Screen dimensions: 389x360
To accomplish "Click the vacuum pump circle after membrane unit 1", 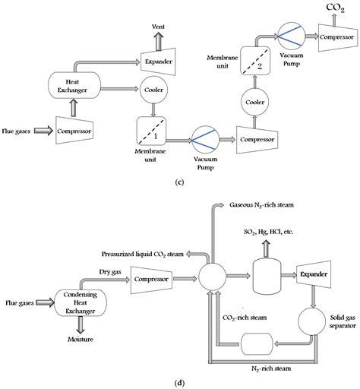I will coord(203,141).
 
